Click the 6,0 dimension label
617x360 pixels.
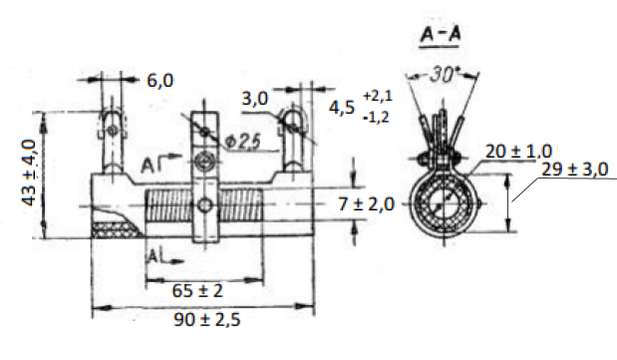click(x=160, y=81)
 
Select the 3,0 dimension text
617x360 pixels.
click(x=254, y=99)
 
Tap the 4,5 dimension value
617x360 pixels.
click(x=342, y=108)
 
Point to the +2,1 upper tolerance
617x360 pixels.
click(x=378, y=96)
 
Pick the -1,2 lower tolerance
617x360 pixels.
click(x=376, y=118)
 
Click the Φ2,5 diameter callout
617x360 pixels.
click(x=243, y=143)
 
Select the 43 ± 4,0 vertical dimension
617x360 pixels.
click(x=29, y=173)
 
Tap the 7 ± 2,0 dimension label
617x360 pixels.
click(x=367, y=204)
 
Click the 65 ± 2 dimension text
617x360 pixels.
click(x=197, y=291)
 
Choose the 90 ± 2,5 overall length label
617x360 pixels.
click(x=207, y=320)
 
